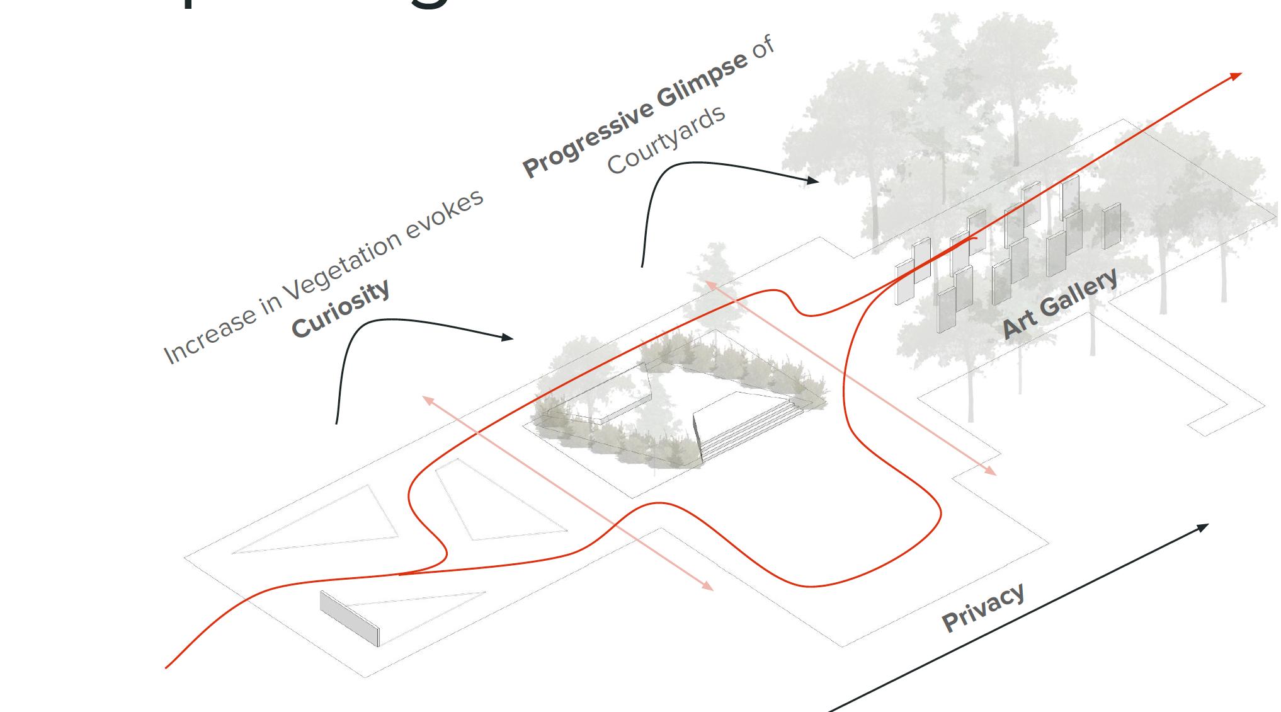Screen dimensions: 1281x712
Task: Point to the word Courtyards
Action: (x=666, y=140)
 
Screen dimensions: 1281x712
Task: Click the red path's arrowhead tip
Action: (x=1239, y=74)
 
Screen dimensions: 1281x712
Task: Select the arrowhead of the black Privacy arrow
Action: (x=1204, y=526)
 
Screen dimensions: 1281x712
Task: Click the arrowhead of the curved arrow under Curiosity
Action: (x=509, y=338)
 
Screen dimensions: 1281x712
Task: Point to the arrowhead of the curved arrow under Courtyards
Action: (x=815, y=181)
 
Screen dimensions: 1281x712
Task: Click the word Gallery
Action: (x=1079, y=293)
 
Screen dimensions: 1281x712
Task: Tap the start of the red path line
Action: (x=168, y=667)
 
